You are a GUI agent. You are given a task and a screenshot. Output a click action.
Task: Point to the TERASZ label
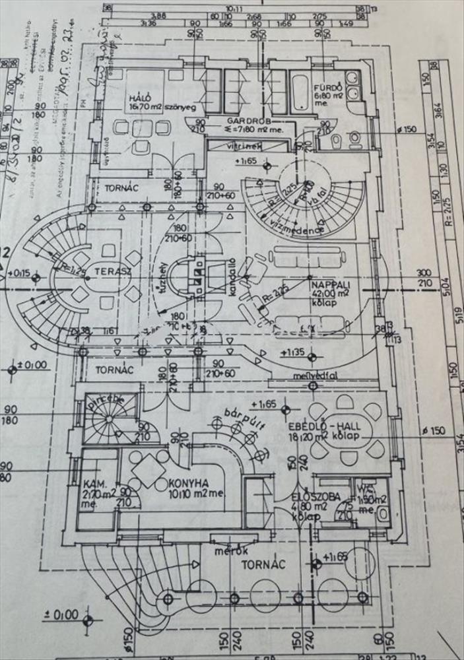[x=107, y=270]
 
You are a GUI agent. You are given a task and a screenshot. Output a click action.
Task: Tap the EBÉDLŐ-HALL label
[x=314, y=426]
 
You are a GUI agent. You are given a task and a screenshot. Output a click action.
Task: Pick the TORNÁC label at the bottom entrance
[x=262, y=564]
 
